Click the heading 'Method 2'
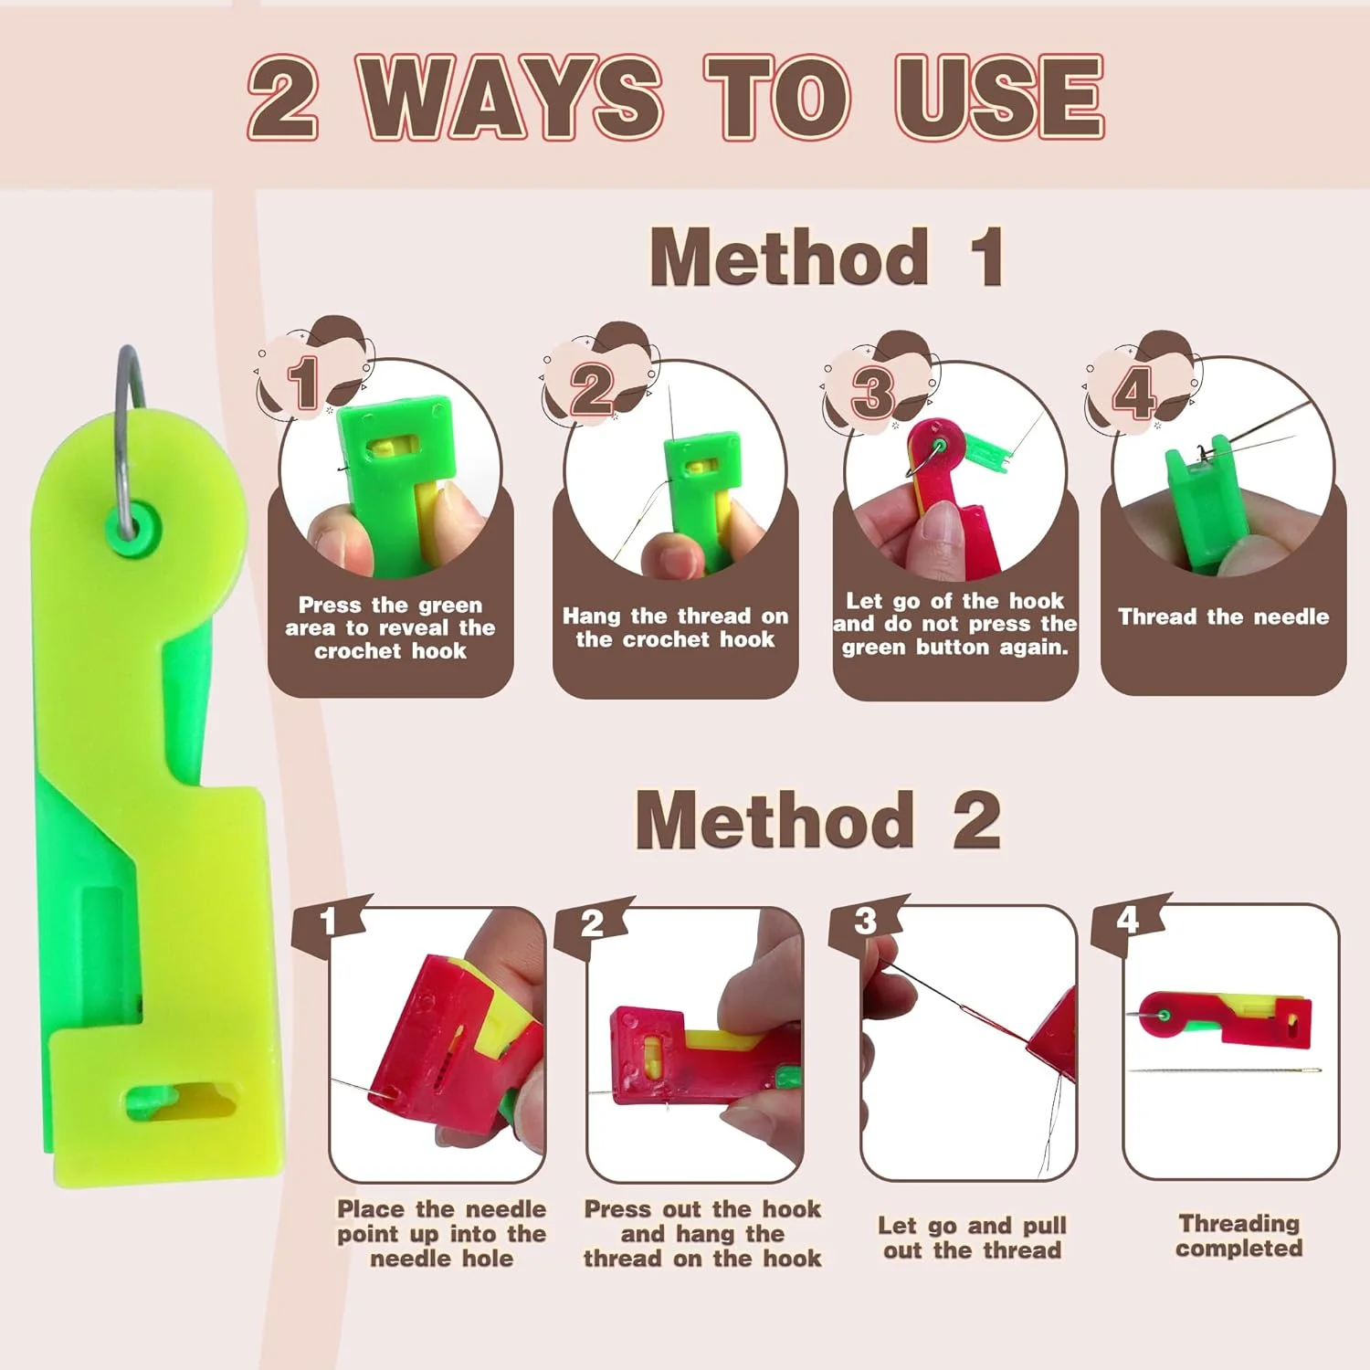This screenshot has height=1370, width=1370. pos(818,819)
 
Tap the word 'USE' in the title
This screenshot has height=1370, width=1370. pos(999,97)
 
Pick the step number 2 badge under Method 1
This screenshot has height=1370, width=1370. pos(593,388)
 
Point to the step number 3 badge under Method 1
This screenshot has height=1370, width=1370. pos(873,391)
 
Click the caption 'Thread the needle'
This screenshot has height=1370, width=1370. pos(1223,616)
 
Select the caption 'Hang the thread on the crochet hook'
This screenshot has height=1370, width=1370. pos(675,627)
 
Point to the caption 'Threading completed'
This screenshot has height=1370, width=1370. pos(1238,1235)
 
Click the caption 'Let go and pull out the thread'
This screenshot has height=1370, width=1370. pos(972,1238)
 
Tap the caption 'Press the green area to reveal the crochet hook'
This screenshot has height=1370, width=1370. pos(390,627)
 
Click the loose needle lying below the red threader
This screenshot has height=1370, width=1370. pos(1224,1070)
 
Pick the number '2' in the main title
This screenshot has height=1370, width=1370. pos(283,97)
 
